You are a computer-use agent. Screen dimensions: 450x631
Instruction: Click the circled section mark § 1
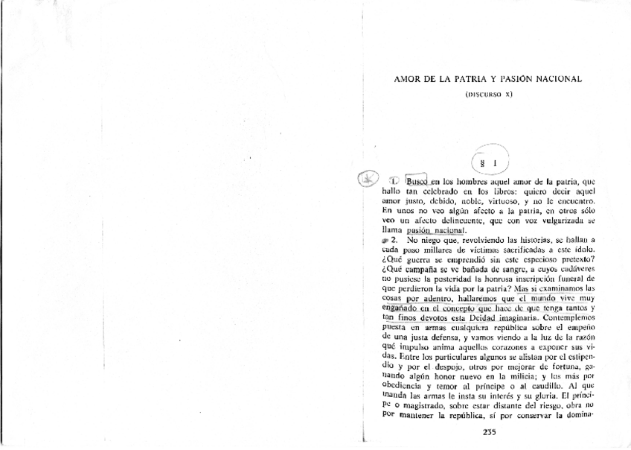tap(489, 160)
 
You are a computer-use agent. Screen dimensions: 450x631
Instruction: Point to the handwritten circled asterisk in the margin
tap(368, 180)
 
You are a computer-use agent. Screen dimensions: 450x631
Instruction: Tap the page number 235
tap(489, 433)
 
